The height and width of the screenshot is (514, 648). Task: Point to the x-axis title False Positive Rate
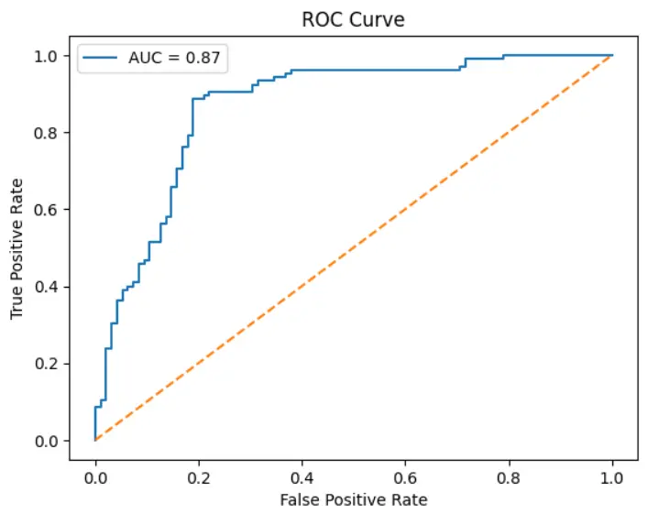tap(353, 500)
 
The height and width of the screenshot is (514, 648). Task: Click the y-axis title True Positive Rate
tap(17, 249)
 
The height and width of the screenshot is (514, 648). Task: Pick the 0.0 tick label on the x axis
tap(94, 477)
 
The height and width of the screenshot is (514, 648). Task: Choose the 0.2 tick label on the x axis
tap(198, 477)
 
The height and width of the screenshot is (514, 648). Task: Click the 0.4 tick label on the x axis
tap(302, 477)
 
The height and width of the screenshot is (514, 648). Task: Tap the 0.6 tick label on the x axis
tap(405, 477)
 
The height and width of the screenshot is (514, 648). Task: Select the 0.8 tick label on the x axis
tap(509, 477)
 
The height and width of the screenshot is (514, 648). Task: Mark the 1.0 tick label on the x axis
tap(612, 477)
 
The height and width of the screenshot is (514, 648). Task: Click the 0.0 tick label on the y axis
tap(48, 442)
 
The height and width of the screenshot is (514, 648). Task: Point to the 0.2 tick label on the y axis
tap(48, 365)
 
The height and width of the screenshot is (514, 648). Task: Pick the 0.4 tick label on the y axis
tap(48, 288)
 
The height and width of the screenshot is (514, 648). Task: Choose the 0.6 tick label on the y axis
tap(48, 210)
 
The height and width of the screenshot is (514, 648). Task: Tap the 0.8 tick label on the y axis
tap(48, 133)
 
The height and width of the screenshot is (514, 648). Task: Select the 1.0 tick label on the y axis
tap(48, 56)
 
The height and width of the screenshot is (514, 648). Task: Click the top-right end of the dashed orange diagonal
tap(612, 56)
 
